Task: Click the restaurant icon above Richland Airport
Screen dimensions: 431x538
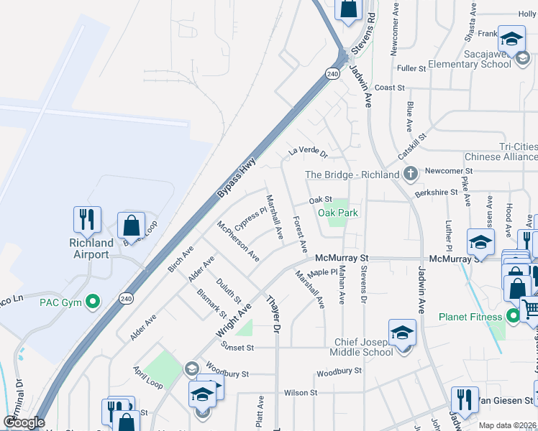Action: point(87,219)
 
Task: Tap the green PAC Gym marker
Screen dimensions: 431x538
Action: point(92,302)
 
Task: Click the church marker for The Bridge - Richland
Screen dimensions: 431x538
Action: point(410,173)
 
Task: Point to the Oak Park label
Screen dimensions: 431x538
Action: point(338,213)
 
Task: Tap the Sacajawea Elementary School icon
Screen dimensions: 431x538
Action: point(511,39)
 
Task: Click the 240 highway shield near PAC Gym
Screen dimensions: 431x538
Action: point(127,298)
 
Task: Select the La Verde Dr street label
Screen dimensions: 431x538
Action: point(308,152)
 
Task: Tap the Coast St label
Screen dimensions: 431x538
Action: point(390,88)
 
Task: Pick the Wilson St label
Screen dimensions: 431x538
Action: point(301,393)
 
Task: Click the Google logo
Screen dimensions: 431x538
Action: point(24,422)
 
